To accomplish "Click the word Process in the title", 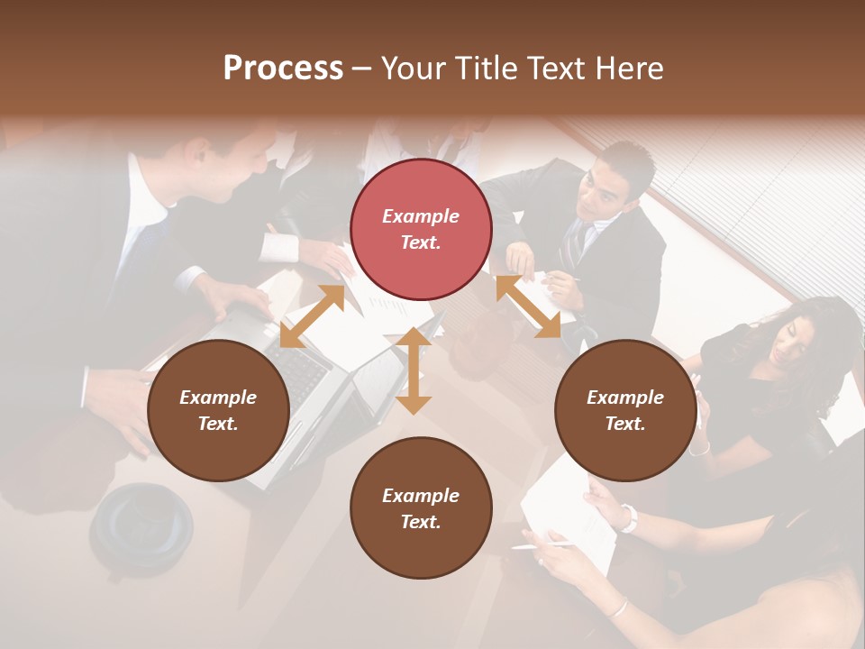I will (283, 69).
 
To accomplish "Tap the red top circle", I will (421, 229).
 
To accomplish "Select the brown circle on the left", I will (218, 410).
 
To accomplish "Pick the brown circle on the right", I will (624, 410).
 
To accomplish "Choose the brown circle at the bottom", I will (421, 508).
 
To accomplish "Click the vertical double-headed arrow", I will (414, 370).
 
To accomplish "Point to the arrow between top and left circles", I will (312, 315).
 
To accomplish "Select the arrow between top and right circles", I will (528, 306).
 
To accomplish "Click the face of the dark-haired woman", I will (789, 339).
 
